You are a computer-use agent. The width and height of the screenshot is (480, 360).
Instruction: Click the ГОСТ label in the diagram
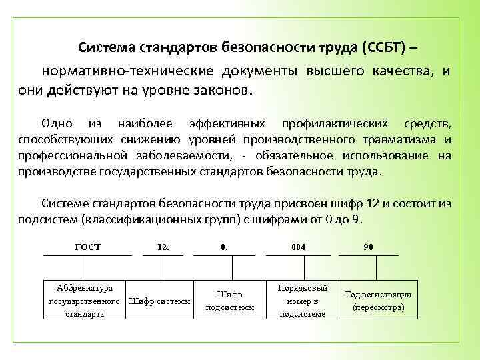click(x=87, y=247)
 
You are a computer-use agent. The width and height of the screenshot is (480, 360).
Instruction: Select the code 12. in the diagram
click(x=163, y=247)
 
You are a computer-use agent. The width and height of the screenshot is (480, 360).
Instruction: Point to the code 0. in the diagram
click(x=224, y=247)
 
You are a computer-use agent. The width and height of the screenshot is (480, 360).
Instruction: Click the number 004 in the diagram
click(x=298, y=247)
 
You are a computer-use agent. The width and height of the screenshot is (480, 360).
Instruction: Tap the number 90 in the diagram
click(x=368, y=247)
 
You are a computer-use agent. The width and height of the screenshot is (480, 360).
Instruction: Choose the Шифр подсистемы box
click(x=229, y=301)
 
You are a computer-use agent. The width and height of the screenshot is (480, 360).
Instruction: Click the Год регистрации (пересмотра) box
click(x=377, y=301)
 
